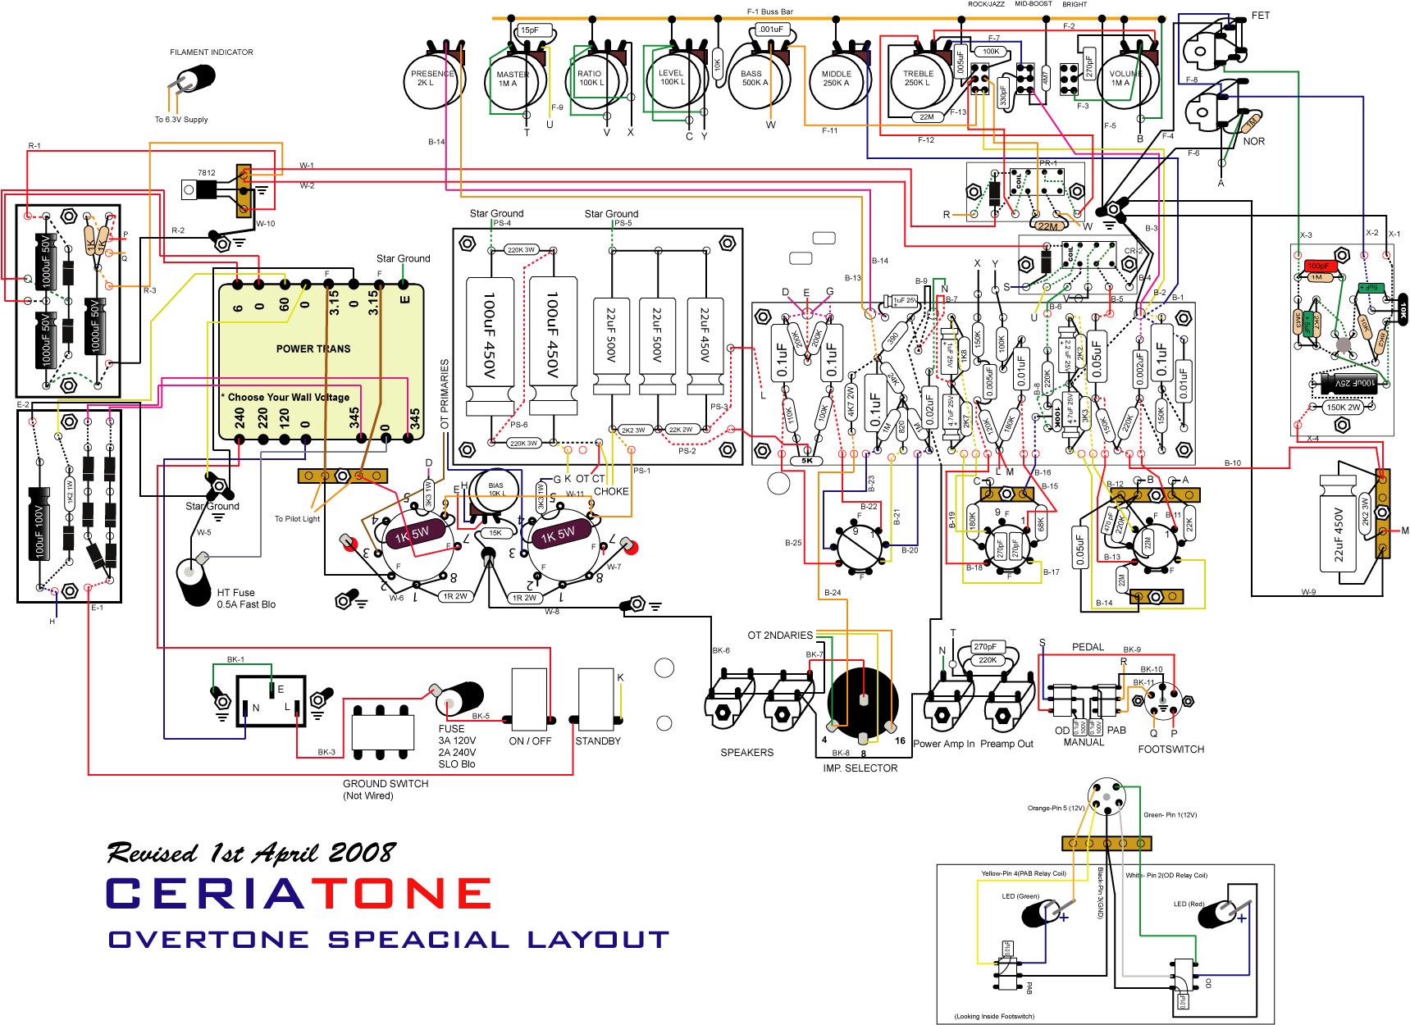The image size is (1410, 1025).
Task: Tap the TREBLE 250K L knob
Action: (x=917, y=79)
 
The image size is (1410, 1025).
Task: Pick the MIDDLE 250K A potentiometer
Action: (x=836, y=79)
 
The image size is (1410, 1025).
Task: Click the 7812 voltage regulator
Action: (x=201, y=189)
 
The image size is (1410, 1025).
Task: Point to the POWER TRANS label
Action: (x=313, y=348)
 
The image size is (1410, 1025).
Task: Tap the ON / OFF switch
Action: (x=529, y=699)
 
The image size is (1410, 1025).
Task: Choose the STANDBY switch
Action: (x=597, y=699)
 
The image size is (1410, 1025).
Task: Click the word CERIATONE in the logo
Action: (x=299, y=893)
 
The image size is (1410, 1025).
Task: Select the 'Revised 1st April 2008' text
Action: (x=251, y=853)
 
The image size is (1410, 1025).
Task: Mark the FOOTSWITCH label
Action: (x=1170, y=749)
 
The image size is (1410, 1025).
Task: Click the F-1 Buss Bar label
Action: (x=769, y=11)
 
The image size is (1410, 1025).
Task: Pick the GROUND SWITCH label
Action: (x=386, y=783)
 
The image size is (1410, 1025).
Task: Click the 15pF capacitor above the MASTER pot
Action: (x=530, y=30)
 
